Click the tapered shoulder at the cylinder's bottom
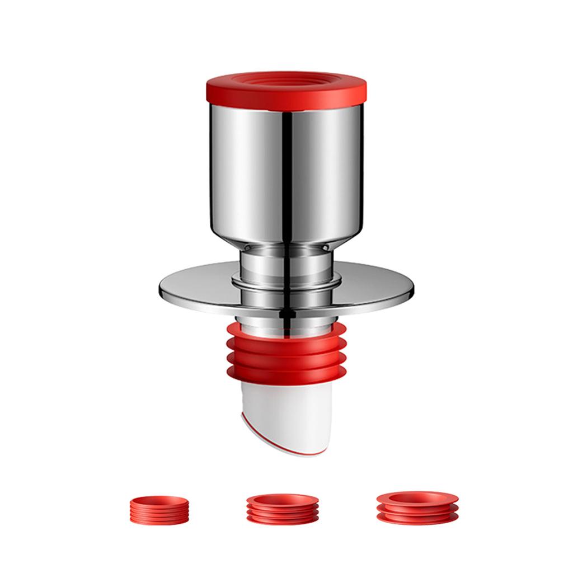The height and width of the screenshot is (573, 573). (x=286, y=241)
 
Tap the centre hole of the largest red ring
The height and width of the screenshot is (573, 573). (x=417, y=497)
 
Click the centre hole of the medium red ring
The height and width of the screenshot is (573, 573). (x=283, y=499)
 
